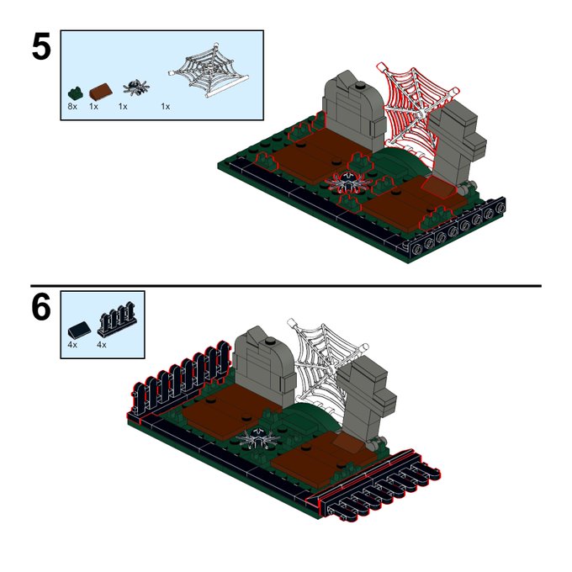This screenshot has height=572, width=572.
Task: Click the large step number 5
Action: [41, 47]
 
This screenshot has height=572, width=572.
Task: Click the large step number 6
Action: [41, 307]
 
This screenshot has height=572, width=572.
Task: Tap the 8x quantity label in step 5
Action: [72, 107]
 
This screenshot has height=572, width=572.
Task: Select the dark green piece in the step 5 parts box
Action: [75, 93]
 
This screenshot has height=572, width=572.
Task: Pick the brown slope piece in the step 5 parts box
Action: [101, 92]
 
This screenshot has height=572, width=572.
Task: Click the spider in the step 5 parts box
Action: [136, 87]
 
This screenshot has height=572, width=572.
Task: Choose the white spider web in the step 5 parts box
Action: [209, 69]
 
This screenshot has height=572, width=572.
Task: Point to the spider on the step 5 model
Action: [349, 183]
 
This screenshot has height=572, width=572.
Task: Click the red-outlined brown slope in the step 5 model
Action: [438, 187]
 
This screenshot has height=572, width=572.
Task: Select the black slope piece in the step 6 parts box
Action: [80, 330]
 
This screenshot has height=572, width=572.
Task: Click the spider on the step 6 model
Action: [258, 437]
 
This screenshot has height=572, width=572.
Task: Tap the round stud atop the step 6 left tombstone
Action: [270, 341]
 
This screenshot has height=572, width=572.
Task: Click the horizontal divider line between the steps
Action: [286, 286]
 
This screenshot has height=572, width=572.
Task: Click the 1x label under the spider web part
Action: [166, 107]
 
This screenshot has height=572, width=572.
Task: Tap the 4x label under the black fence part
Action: [102, 345]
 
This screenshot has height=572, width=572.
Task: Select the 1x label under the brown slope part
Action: [93, 107]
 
